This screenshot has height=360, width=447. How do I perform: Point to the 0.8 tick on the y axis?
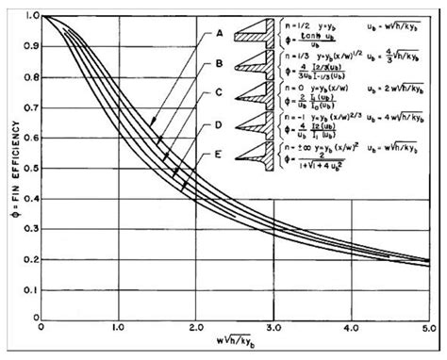point(32,76)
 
